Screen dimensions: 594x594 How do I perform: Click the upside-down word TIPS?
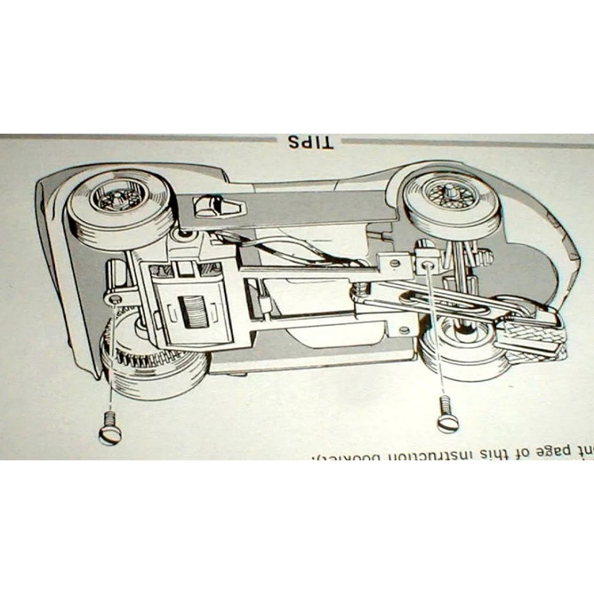307,142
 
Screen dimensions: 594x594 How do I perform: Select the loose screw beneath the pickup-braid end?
447,412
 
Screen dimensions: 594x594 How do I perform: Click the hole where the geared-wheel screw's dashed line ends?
114,298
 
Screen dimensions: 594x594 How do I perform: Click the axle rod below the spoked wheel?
464,271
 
